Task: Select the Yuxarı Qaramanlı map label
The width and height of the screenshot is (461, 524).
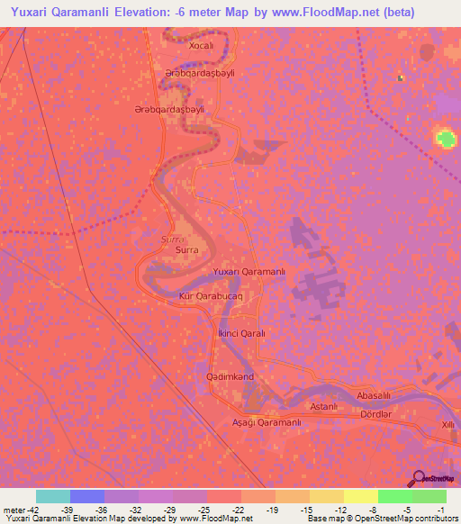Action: pos(249,272)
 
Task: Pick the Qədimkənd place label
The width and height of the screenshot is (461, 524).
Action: pos(230,375)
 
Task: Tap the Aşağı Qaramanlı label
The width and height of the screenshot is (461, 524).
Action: pos(267,422)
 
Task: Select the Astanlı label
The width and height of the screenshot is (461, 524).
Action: pos(323,407)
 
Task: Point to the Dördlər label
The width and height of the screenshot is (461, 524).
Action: pos(375,413)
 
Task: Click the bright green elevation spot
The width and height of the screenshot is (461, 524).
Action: pos(445,139)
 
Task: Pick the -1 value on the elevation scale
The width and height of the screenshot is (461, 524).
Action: pos(441,509)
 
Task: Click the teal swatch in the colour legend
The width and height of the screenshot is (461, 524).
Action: pos(53,496)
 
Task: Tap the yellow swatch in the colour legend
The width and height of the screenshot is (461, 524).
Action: pos(360,496)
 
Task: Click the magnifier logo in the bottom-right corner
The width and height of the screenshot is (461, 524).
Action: pos(418,478)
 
